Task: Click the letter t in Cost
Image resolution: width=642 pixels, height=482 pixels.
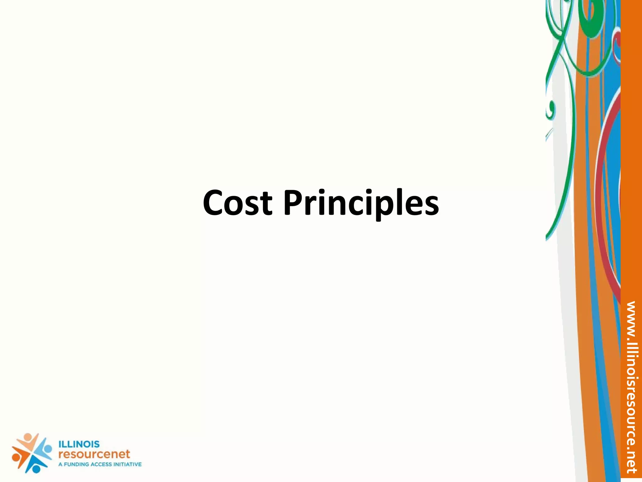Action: click(266, 204)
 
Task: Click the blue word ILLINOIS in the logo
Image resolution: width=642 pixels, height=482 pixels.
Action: click(79, 444)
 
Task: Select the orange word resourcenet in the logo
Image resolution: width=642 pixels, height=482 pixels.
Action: click(94, 454)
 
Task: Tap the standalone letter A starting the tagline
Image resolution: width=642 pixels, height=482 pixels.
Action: click(60, 464)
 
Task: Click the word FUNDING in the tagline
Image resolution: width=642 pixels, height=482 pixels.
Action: click(76, 464)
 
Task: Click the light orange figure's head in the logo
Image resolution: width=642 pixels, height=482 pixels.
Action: click(28, 437)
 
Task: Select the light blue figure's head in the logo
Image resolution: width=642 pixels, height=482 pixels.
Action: click(48, 449)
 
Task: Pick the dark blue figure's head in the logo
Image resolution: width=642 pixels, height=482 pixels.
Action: click(36, 469)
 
